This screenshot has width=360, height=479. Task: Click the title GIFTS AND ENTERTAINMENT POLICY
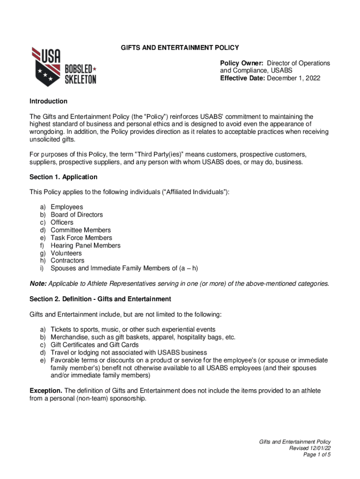180,48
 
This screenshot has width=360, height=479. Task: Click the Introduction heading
49,101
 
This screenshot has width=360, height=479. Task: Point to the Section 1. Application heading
64,177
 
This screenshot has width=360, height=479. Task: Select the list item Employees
67,207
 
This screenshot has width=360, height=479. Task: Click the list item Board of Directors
77,215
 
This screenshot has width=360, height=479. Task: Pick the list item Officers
62,222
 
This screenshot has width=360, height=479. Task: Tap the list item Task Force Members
81,238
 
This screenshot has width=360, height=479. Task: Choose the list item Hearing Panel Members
85,245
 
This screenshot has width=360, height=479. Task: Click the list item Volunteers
66,253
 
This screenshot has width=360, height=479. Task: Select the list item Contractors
67,261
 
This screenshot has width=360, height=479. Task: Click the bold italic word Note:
38,283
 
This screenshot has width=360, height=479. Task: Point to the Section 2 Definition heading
101,298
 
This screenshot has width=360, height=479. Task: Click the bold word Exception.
46,390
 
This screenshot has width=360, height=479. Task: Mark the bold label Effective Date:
243,78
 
